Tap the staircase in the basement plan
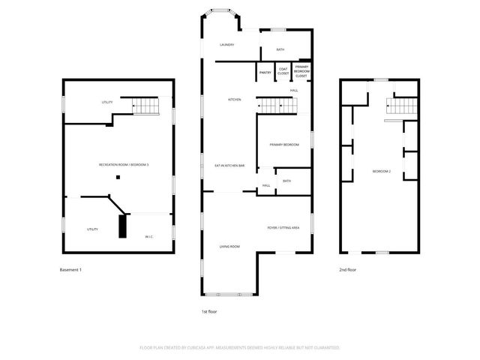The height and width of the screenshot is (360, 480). tap(147, 107)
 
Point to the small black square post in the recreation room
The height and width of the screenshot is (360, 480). tap(118, 177)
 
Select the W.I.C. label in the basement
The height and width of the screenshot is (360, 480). tap(149, 236)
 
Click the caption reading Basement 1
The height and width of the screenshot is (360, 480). tap(70, 269)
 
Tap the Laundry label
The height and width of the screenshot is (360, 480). tap(227, 45)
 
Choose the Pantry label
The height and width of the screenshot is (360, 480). tap(265, 73)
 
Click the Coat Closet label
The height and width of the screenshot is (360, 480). tap(283, 71)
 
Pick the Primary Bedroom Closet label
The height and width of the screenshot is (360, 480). tap(301, 71)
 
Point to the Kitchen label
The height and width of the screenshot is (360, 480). tap(235, 100)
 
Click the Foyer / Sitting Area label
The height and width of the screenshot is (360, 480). tap(283, 227)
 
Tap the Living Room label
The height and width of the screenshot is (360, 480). tap(229, 246)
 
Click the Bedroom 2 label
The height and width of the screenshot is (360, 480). tap(382, 172)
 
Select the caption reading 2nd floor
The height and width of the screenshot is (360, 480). tap(346, 269)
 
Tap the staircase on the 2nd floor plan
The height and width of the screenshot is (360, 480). tap(403, 107)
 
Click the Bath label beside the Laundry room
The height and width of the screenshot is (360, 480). tap(280, 49)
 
